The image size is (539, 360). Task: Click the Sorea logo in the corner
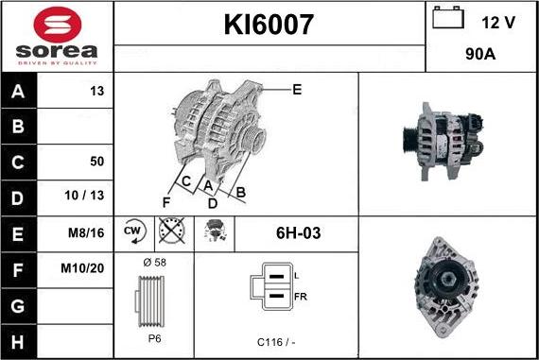tap(56, 35)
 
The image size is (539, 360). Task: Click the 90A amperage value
tap(481, 54)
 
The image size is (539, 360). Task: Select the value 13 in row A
tap(96, 91)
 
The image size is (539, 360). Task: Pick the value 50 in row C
tap(96, 162)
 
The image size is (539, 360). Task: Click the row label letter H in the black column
tap(20, 338)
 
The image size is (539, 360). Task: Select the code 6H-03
tap(297, 231)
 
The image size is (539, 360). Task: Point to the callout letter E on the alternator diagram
tap(297, 90)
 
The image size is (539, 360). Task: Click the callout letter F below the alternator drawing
tap(166, 202)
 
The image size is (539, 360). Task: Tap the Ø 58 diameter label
tap(153, 261)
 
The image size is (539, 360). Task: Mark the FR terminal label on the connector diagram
tap(301, 296)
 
